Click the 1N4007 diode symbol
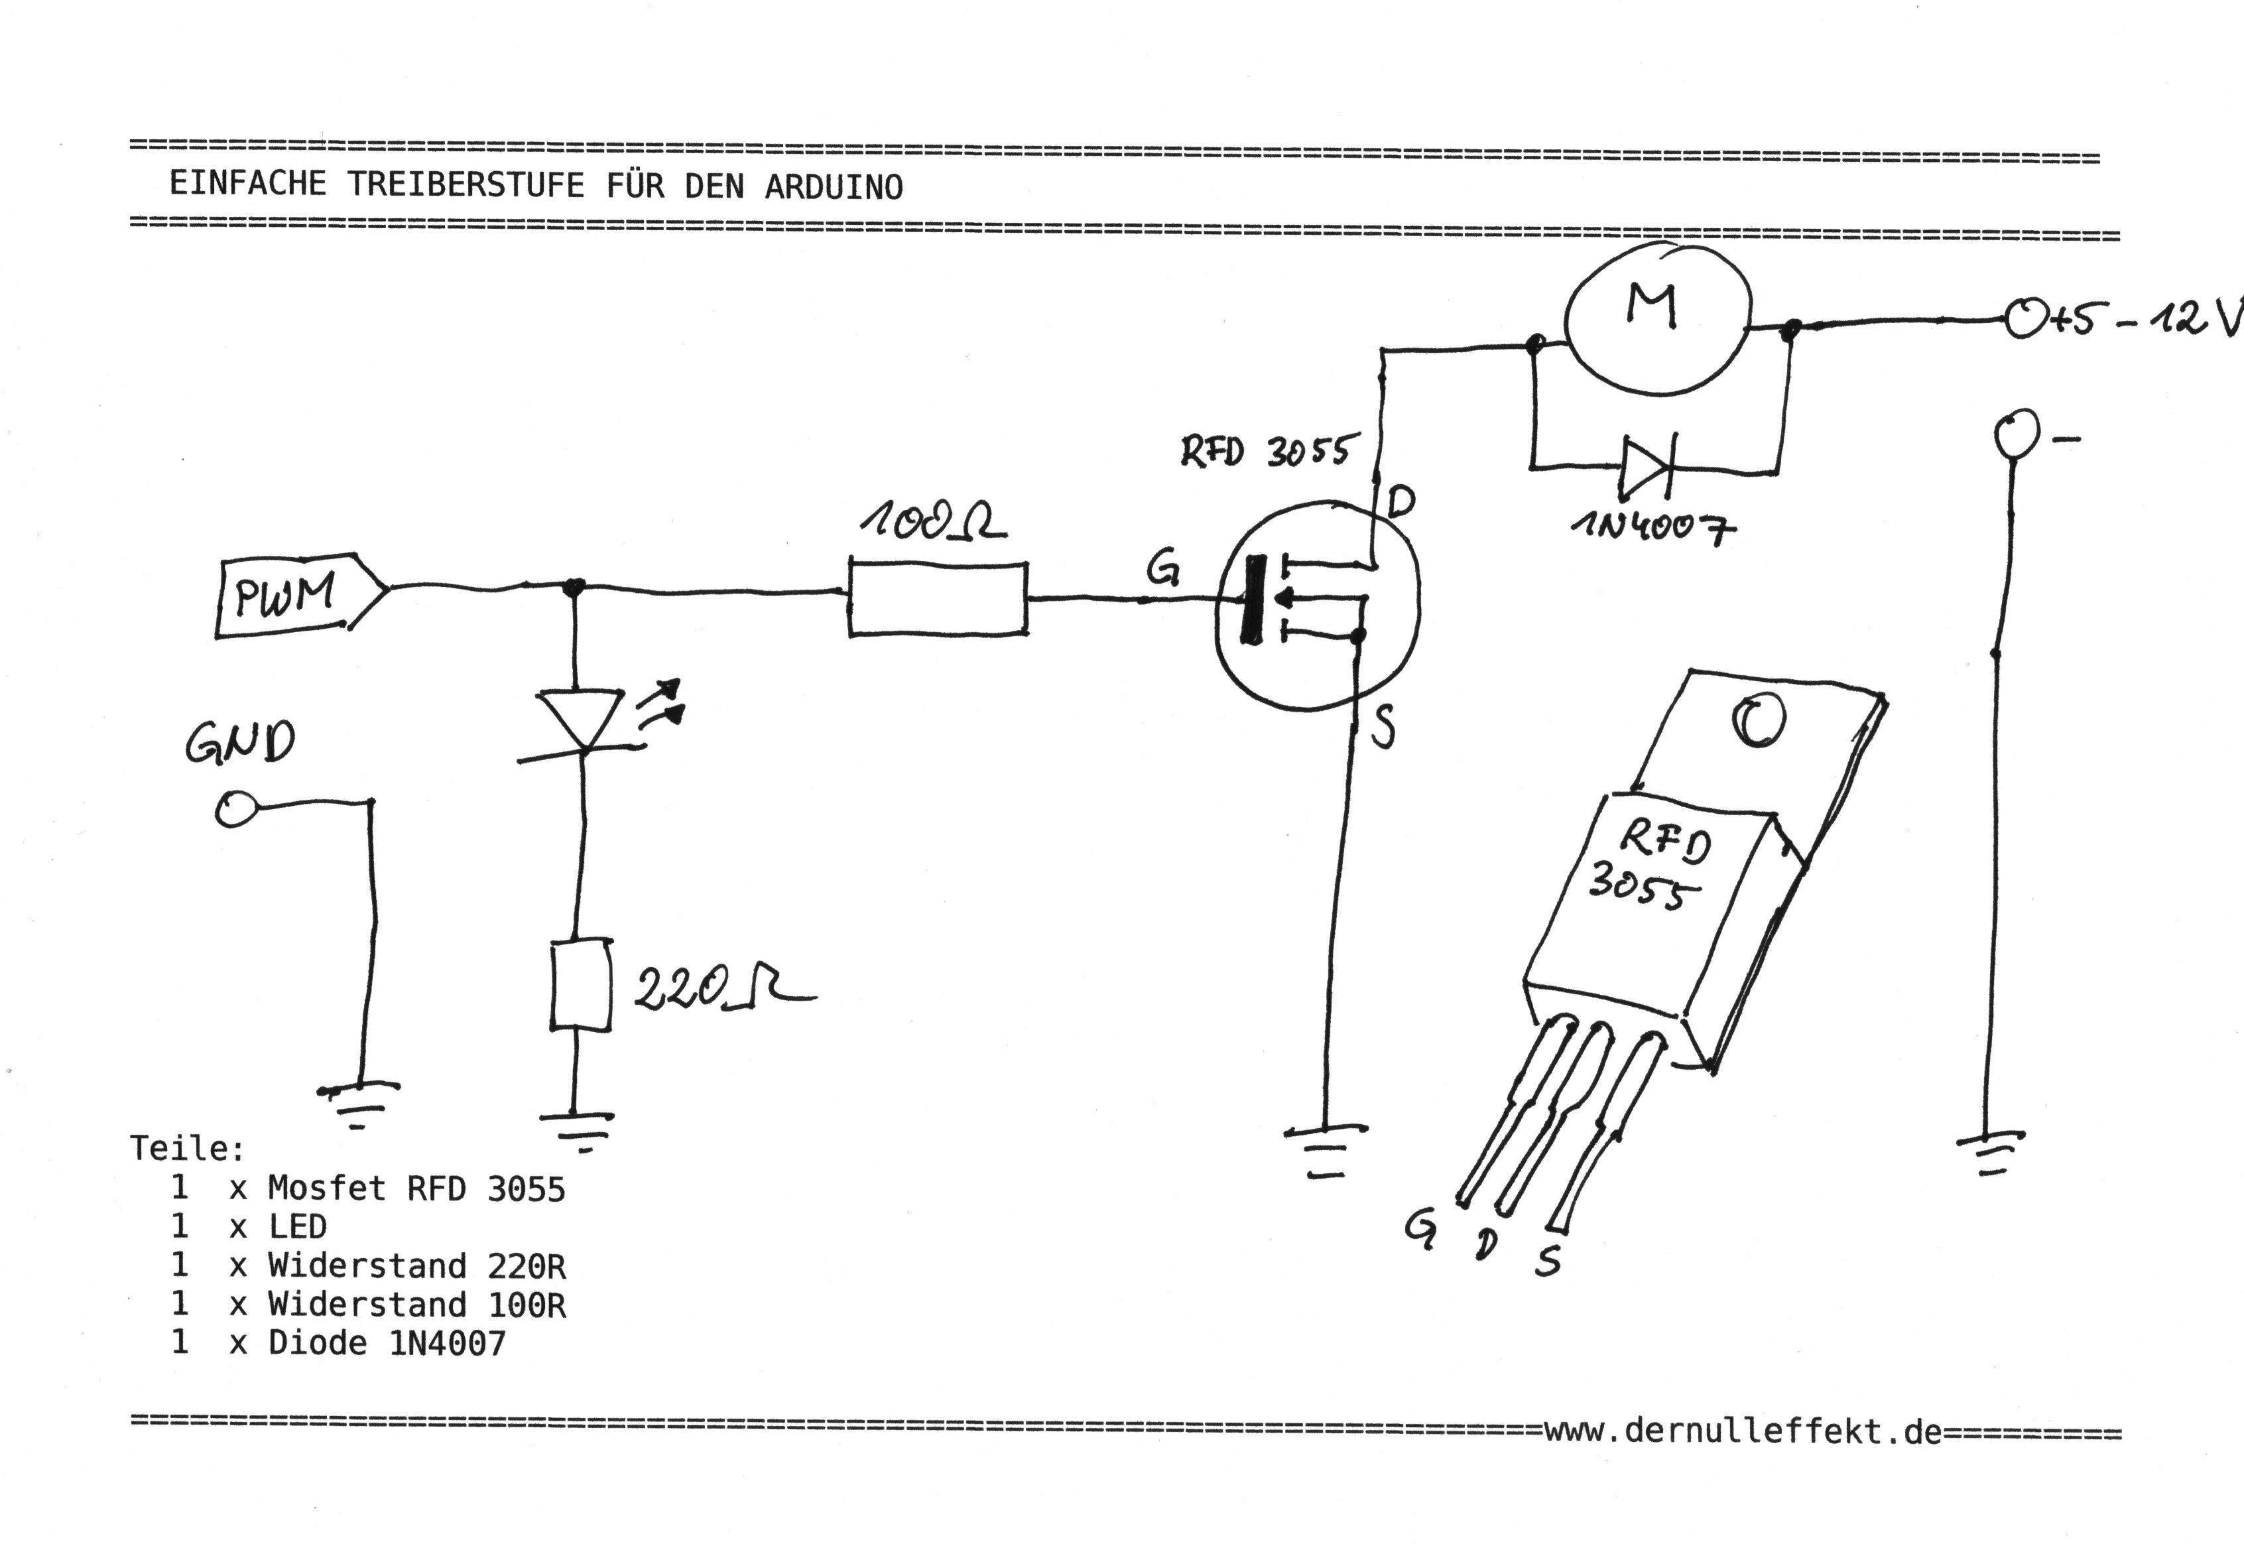pos(1647,468)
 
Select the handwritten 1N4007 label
pos(1651,527)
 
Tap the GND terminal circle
pos(235,808)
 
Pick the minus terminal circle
pos(2016,432)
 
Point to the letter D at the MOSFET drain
pos(1401,502)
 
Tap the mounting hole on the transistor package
pos(1759,721)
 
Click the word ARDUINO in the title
pos(834,187)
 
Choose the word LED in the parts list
pos(298,1227)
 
